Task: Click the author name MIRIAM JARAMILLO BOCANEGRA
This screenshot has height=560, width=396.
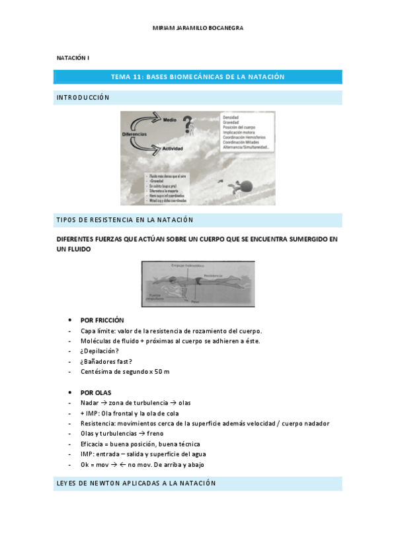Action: pos(198,28)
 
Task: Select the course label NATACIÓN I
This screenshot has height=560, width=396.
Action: pos(72,59)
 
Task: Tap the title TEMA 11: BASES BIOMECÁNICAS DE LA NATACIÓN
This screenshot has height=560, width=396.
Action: pos(198,77)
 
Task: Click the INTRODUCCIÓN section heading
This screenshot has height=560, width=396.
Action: pos(83,98)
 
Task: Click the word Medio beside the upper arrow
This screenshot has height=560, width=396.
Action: pos(170,120)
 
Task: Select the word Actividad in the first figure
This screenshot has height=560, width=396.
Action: pos(173,148)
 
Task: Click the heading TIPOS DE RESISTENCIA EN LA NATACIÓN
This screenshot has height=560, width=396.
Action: pos(124,220)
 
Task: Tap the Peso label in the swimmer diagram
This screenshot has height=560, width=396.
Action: pos(194,300)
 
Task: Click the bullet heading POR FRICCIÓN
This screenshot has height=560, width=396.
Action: pos(102,320)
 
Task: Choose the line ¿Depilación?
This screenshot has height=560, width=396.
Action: pos(100,351)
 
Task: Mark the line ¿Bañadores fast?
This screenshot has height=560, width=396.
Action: pos(106,361)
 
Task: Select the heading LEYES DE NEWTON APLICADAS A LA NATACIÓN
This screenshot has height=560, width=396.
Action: pos(136,483)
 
